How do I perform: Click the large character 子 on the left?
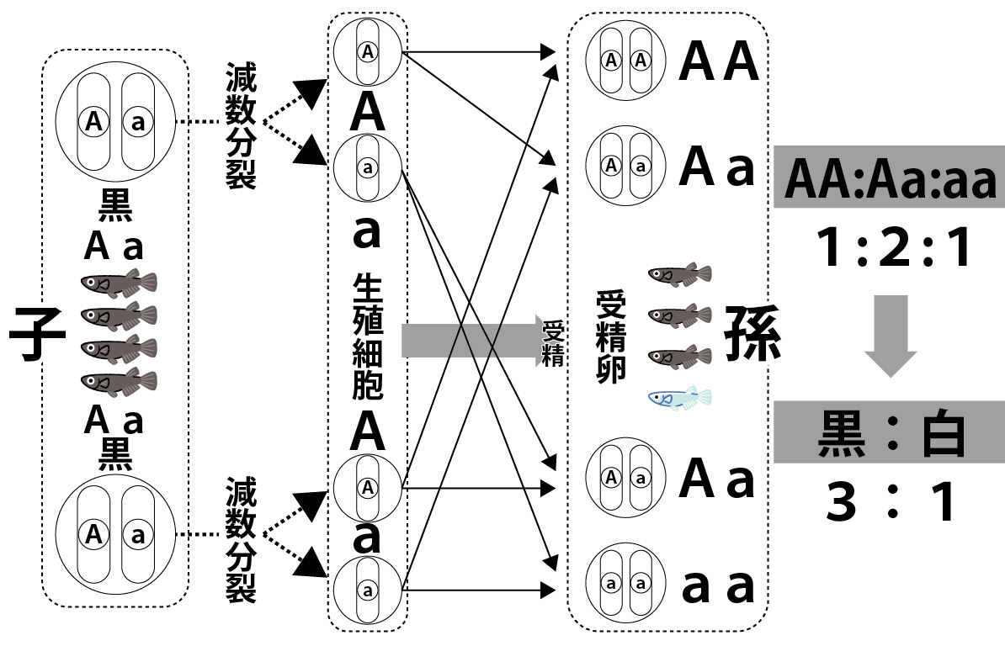(x=37, y=334)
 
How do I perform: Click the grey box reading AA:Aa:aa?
(x=889, y=180)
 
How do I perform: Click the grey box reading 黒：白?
(x=889, y=432)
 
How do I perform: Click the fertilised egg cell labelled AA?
(x=625, y=61)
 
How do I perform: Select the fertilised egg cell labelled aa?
(x=625, y=582)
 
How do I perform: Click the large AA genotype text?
(x=720, y=61)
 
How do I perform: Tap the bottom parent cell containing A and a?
(x=115, y=533)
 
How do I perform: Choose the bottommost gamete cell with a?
(x=367, y=589)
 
